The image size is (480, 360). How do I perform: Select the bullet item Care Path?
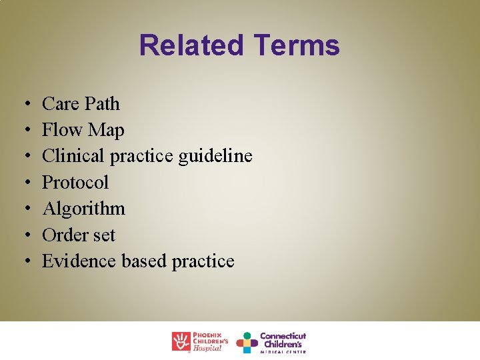(x=81, y=104)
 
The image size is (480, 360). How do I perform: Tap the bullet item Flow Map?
(x=83, y=130)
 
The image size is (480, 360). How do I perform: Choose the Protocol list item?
(x=75, y=183)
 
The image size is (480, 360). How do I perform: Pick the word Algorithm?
(x=83, y=209)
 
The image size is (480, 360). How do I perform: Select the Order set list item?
(x=79, y=235)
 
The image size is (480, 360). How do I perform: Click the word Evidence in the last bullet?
(x=79, y=261)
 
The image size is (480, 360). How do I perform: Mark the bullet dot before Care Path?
(x=23, y=105)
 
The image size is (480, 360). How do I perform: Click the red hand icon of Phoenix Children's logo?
(x=181, y=341)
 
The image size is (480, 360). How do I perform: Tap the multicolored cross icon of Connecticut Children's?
(x=247, y=342)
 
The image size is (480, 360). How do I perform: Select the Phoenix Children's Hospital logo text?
(x=211, y=341)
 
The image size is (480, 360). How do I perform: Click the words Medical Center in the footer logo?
(x=283, y=351)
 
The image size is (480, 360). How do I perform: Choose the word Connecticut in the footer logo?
(x=283, y=336)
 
